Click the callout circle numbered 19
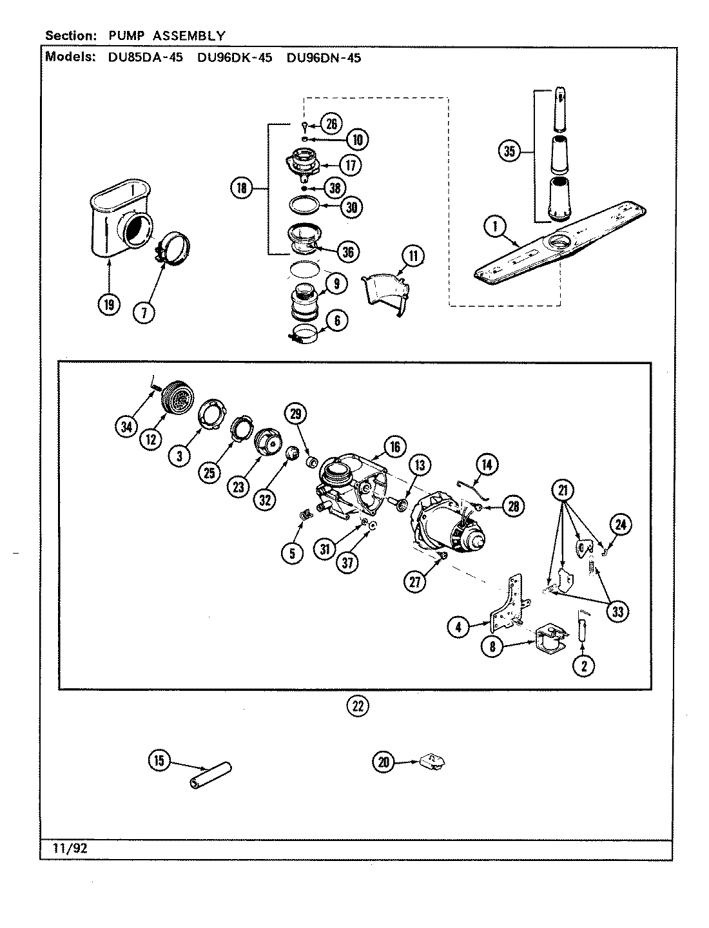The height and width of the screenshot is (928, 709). (110, 304)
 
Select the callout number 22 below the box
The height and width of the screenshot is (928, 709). (358, 706)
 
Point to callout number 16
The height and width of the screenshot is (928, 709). (394, 446)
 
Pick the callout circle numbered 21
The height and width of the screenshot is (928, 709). (563, 491)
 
